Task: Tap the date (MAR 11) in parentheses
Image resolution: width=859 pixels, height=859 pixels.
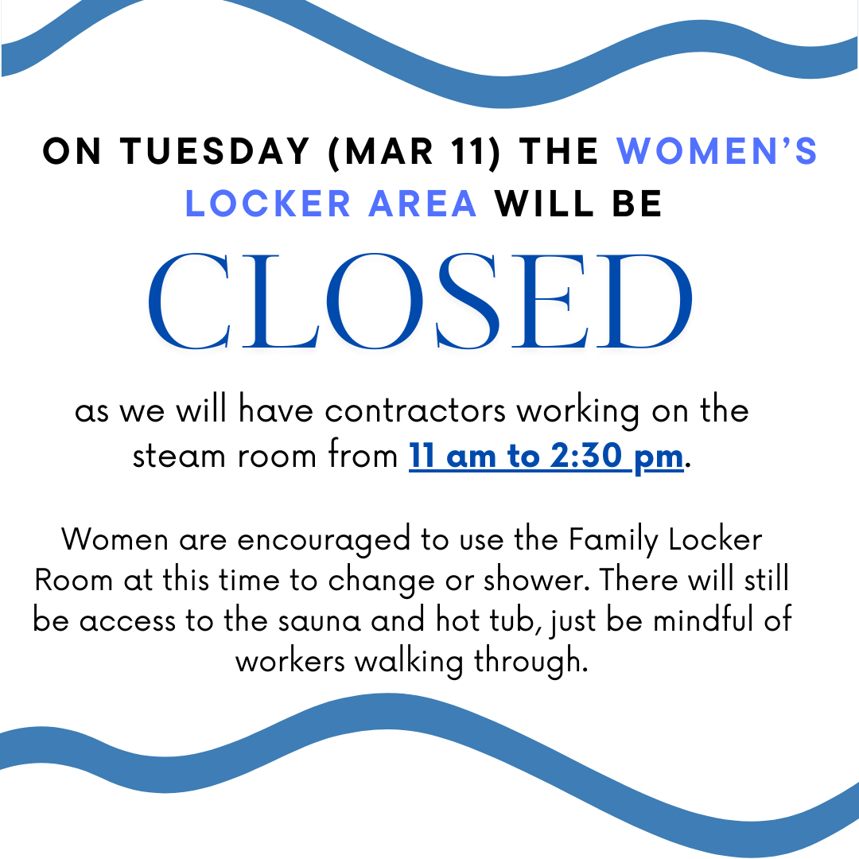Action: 414,152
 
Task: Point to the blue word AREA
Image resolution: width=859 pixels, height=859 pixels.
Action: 422,204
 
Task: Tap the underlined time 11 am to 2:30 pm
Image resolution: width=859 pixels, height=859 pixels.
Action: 546,457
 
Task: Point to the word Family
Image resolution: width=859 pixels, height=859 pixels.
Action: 613,540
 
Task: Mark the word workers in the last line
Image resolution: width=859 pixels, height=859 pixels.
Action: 290,661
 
